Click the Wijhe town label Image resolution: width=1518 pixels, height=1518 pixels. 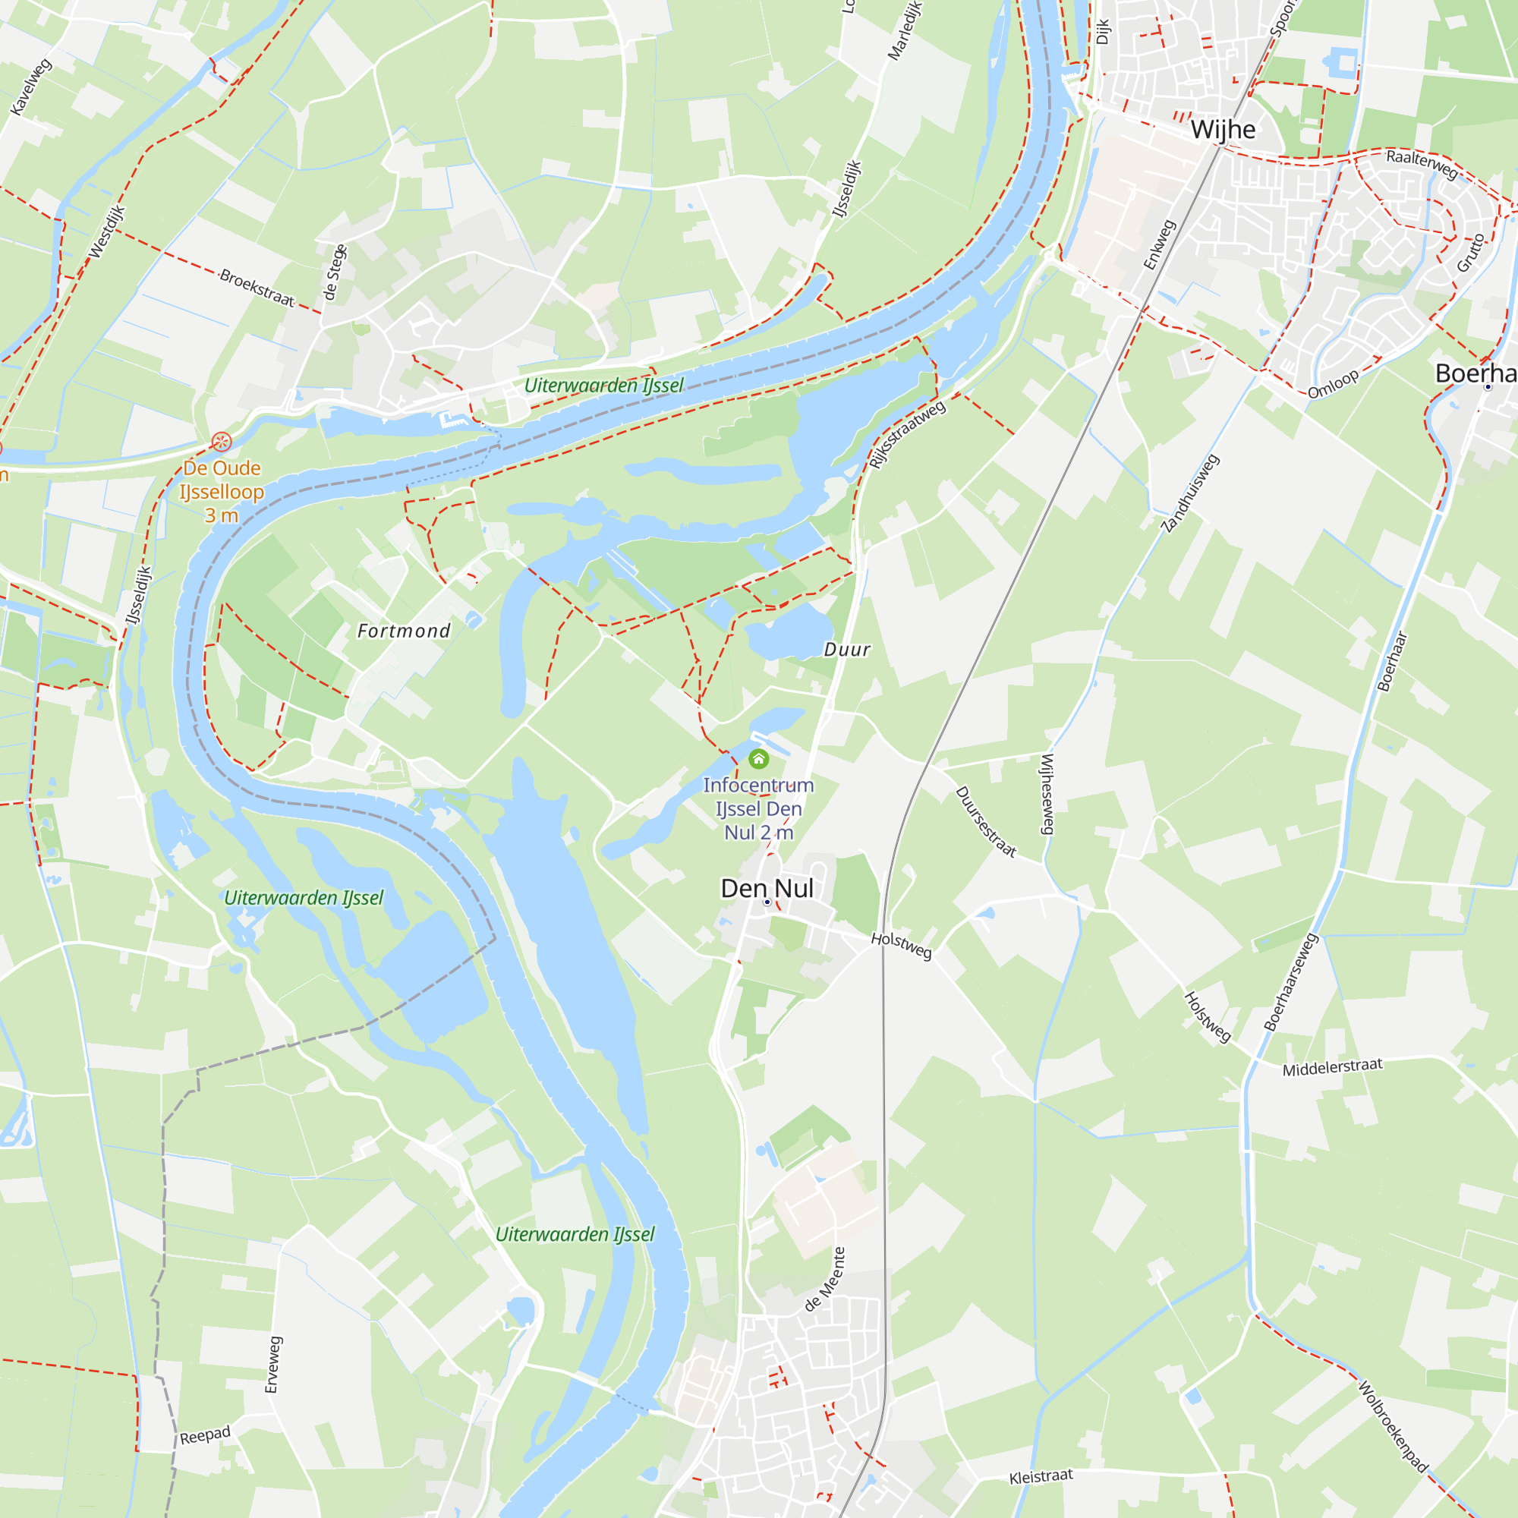pos(1223,130)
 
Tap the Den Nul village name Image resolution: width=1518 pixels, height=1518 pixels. pos(767,889)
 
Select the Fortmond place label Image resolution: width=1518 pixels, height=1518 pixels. pos(404,631)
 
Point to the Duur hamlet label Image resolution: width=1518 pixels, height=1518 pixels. pos(847,649)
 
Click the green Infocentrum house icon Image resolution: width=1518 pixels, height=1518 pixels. pos(758,759)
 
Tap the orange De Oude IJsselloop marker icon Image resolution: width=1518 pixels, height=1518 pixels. pos(222,442)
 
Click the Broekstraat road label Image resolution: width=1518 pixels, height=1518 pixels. pos(257,288)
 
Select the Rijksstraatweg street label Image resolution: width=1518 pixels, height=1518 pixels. pos(908,433)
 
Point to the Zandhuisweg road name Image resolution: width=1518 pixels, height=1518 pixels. pos(1190,493)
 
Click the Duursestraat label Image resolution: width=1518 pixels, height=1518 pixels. pos(986,822)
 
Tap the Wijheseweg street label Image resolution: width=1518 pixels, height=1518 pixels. pos(1047,794)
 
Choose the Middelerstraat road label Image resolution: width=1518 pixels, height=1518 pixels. pos(1332,1068)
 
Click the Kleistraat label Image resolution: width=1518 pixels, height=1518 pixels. pos(1041,1477)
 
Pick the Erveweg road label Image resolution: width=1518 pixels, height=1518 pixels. pos(272,1365)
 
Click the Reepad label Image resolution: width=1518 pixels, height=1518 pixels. pos(205,1435)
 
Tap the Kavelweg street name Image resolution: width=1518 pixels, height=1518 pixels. pos(31,87)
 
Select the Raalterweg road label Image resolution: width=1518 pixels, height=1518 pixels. pos(1422,163)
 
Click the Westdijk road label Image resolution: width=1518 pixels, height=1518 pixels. pos(107,231)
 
